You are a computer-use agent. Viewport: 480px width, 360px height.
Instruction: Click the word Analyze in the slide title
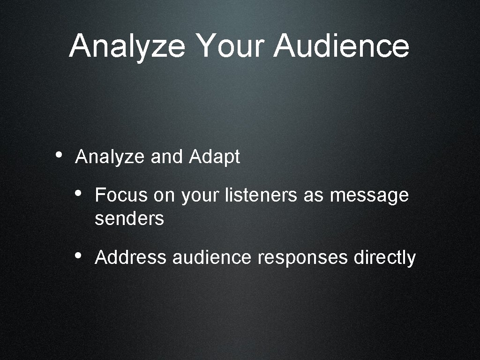pyautogui.click(x=127, y=46)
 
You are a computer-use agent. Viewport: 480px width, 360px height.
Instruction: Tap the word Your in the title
pyautogui.click(x=230, y=46)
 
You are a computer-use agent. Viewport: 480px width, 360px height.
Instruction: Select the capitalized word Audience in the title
pyautogui.click(x=341, y=46)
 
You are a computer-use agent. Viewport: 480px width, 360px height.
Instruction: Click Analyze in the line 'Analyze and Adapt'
pyautogui.click(x=111, y=157)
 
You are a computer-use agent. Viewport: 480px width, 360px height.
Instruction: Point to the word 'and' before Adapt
pyautogui.click(x=168, y=157)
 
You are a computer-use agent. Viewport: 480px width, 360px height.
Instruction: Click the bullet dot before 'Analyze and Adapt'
pyautogui.click(x=58, y=155)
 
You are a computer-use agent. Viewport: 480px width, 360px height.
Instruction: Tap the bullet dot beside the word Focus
pyautogui.click(x=79, y=193)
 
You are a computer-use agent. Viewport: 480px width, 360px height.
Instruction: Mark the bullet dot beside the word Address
pyautogui.click(x=79, y=255)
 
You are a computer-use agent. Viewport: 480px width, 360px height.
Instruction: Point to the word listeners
pyautogui.click(x=261, y=195)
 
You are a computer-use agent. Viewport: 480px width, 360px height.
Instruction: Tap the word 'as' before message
pyautogui.click(x=313, y=195)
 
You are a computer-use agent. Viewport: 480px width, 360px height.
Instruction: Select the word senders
pyautogui.click(x=129, y=218)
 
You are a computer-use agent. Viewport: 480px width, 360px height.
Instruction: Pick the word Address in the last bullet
pyautogui.click(x=130, y=257)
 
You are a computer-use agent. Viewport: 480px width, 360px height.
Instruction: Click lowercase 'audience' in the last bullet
pyautogui.click(x=212, y=257)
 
